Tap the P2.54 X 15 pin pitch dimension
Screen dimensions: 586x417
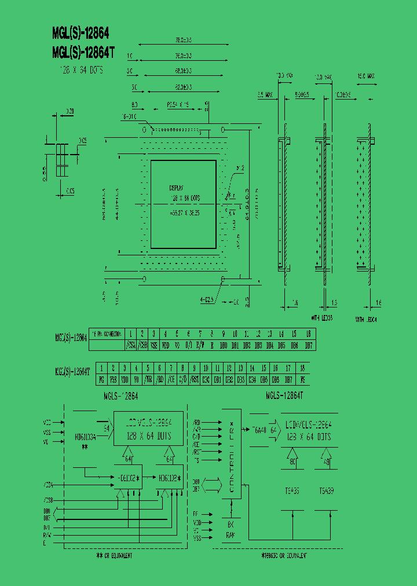pyautogui.click(x=178, y=105)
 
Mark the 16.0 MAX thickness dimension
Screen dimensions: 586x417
pyautogui.click(x=366, y=76)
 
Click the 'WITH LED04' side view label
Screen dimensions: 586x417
pyautogui.click(x=366, y=319)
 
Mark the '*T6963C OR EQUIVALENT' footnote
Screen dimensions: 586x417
pyautogui.click(x=284, y=555)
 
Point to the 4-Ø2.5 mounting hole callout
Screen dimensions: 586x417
pyautogui.click(x=207, y=299)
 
